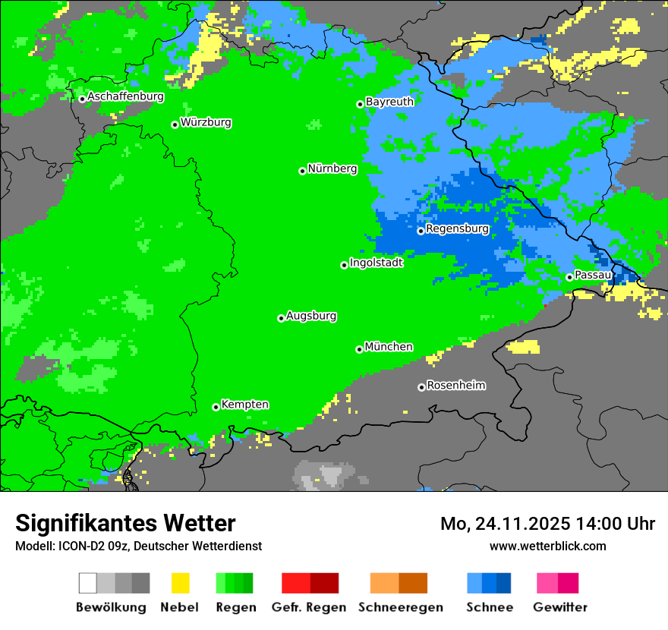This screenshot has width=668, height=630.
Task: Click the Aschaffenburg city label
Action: point(125,97)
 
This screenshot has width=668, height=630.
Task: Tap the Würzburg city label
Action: point(206,122)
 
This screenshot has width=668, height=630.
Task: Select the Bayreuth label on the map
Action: point(389,102)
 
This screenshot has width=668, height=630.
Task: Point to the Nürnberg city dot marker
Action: point(302,171)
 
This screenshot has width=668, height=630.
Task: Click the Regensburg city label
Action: point(457,228)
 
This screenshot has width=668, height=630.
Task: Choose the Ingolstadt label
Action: point(376,263)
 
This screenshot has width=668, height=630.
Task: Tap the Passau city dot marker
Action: point(569,277)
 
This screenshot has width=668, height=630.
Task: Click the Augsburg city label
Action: point(311,316)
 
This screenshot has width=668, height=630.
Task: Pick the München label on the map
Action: point(389,347)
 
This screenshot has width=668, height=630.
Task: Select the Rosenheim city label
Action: point(455,386)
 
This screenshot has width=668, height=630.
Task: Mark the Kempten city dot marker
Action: point(216,407)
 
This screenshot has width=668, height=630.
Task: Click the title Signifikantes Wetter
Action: point(125,523)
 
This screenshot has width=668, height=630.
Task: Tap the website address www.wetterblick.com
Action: point(547,546)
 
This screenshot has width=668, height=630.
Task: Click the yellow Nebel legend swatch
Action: point(180,583)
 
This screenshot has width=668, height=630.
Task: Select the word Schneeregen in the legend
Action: point(399,607)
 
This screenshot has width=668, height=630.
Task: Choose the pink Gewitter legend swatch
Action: point(547,583)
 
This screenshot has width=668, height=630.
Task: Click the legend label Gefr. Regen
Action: point(309,607)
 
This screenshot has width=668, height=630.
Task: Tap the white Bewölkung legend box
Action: point(88,583)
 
